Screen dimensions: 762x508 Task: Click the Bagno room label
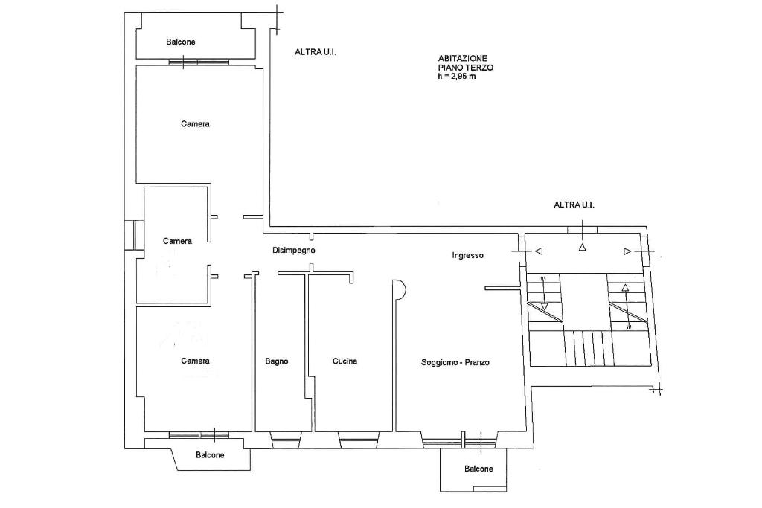[277, 361]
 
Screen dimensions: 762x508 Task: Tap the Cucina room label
[345, 361]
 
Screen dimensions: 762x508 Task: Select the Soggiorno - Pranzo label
[455, 362]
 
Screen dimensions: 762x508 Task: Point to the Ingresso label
[467, 255]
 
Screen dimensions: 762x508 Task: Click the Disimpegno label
[293, 251]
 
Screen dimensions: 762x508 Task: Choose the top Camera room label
[195, 124]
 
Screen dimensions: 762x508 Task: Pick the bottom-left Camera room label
[195, 361]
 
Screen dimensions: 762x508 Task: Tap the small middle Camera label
[177, 241]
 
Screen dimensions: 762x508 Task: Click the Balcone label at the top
[181, 42]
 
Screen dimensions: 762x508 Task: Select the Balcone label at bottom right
[478, 469]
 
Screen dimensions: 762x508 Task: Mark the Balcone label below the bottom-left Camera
[210, 455]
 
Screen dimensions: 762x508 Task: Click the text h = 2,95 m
[457, 77]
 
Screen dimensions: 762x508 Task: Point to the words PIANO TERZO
[466, 68]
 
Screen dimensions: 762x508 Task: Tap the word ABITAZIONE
[463, 58]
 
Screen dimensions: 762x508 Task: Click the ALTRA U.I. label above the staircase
[574, 205]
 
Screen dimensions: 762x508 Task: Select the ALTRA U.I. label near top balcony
[316, 52]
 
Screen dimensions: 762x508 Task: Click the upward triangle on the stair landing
[582, 247]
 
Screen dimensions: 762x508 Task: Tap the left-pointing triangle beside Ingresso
[539, 251]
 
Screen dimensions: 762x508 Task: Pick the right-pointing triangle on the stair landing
[627, 251]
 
